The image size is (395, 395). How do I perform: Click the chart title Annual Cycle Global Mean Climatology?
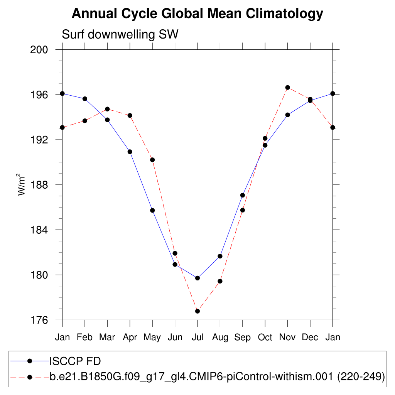pyautogui.click(x=197, y=14)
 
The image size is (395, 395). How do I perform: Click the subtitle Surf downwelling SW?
pyautogui.click(x=120, y=35)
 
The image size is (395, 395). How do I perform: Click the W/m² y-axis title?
pyautogui.click(x=22, y=185)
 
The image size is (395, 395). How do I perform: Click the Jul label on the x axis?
pyautogui.click(x=197, y=338)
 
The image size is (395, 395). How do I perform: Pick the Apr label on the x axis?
pyautogui.click(x=130, y=338)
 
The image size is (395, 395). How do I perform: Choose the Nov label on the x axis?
pyautogui.click(x=287, y=338)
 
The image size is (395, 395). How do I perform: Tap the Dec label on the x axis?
pyautogui.click(x=310, y=338)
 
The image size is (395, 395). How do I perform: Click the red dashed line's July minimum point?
pyautogui.click(x=197, y=311)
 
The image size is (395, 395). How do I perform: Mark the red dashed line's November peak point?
pyautogui.click(x=287, y=88)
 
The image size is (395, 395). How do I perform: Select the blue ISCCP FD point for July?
pyautogui.click(x=197, y=278)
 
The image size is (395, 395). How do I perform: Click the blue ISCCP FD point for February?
pyautogui.click(x=85, y=99)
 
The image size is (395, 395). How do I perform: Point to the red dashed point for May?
pyautogui.click(x=152, y=160)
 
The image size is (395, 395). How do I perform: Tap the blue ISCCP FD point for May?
pyautogui.click(x=152, y=210)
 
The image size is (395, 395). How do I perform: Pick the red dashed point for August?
pyautogui.click(x=220, y=281)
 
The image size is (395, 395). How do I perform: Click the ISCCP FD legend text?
pyautogui.click(x=75, y=361)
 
